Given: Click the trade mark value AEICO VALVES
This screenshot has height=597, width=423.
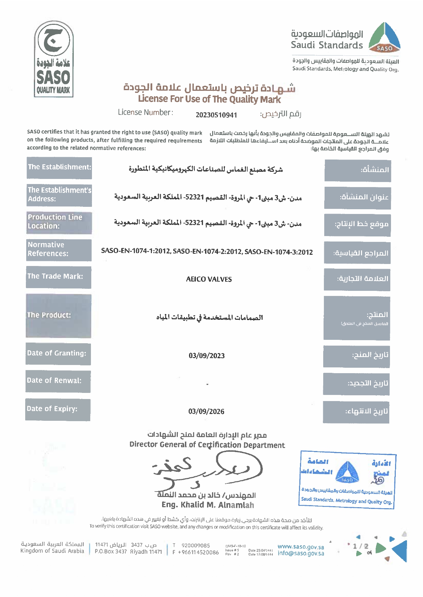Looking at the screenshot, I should click(209, 279).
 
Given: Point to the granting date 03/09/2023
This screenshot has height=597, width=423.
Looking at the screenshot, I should click(207, 356).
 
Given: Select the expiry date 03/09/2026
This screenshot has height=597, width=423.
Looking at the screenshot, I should click(206, 412).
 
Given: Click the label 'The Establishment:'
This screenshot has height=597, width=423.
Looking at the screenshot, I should click(60, 167).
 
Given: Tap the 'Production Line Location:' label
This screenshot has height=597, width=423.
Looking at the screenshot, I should click(59, 222).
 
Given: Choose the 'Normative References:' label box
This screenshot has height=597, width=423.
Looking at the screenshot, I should click(59, 250).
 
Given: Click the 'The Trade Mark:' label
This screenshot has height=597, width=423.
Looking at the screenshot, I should click(59, 277).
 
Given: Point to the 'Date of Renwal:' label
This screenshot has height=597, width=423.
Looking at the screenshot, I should click(58, 381).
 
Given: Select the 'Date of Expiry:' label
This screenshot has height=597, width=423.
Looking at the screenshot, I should click(58, 409).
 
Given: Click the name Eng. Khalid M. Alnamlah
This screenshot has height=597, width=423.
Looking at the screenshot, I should click(208, 505).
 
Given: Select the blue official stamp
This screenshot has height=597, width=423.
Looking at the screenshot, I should click(347, 480).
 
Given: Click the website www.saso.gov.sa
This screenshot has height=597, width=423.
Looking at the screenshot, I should click(301, 547).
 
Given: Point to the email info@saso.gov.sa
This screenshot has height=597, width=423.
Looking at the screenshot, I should click(301, 553).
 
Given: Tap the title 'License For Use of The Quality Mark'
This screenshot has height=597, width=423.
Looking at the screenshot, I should click(209, 99).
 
